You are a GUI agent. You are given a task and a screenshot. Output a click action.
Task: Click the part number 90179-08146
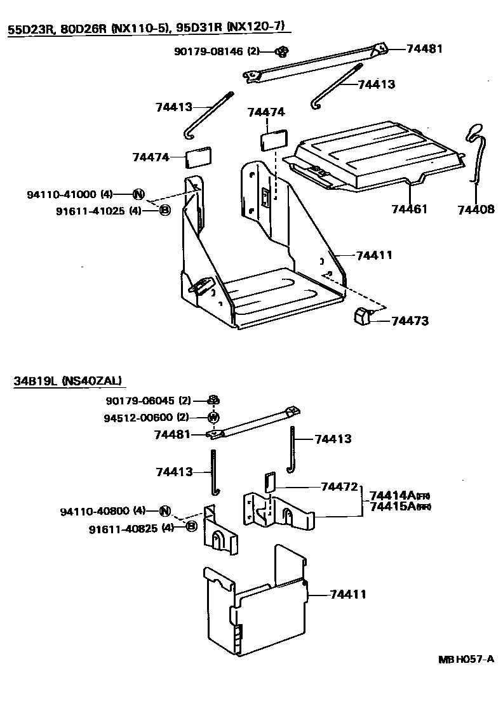click(x=208, y=51)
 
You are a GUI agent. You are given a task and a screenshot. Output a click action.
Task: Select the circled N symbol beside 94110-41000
click(x=138, y=194)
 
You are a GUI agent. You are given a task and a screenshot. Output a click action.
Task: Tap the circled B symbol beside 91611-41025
click(x=163, y=210)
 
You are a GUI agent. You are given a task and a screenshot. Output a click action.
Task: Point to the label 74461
click(x=410, y=209)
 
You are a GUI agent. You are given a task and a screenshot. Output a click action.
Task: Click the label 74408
click(x=476, y=209)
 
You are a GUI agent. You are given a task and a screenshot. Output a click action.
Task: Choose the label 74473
click(x=410, y=321)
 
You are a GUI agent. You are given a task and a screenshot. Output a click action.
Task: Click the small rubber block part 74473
click(x=363, y=316)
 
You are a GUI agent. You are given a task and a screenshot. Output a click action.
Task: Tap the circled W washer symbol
click(x=214, y=418)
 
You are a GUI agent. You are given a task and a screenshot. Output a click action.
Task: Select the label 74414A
click(x=392, y=495)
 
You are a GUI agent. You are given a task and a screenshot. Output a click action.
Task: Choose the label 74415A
click(x=392, y=506)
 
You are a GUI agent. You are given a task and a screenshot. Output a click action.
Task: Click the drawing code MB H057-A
click(x=466, y=658)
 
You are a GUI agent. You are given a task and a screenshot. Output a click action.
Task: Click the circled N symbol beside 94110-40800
click(x=164, y=510)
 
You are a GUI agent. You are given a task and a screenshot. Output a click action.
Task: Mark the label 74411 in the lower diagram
click(x=347, y=594)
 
